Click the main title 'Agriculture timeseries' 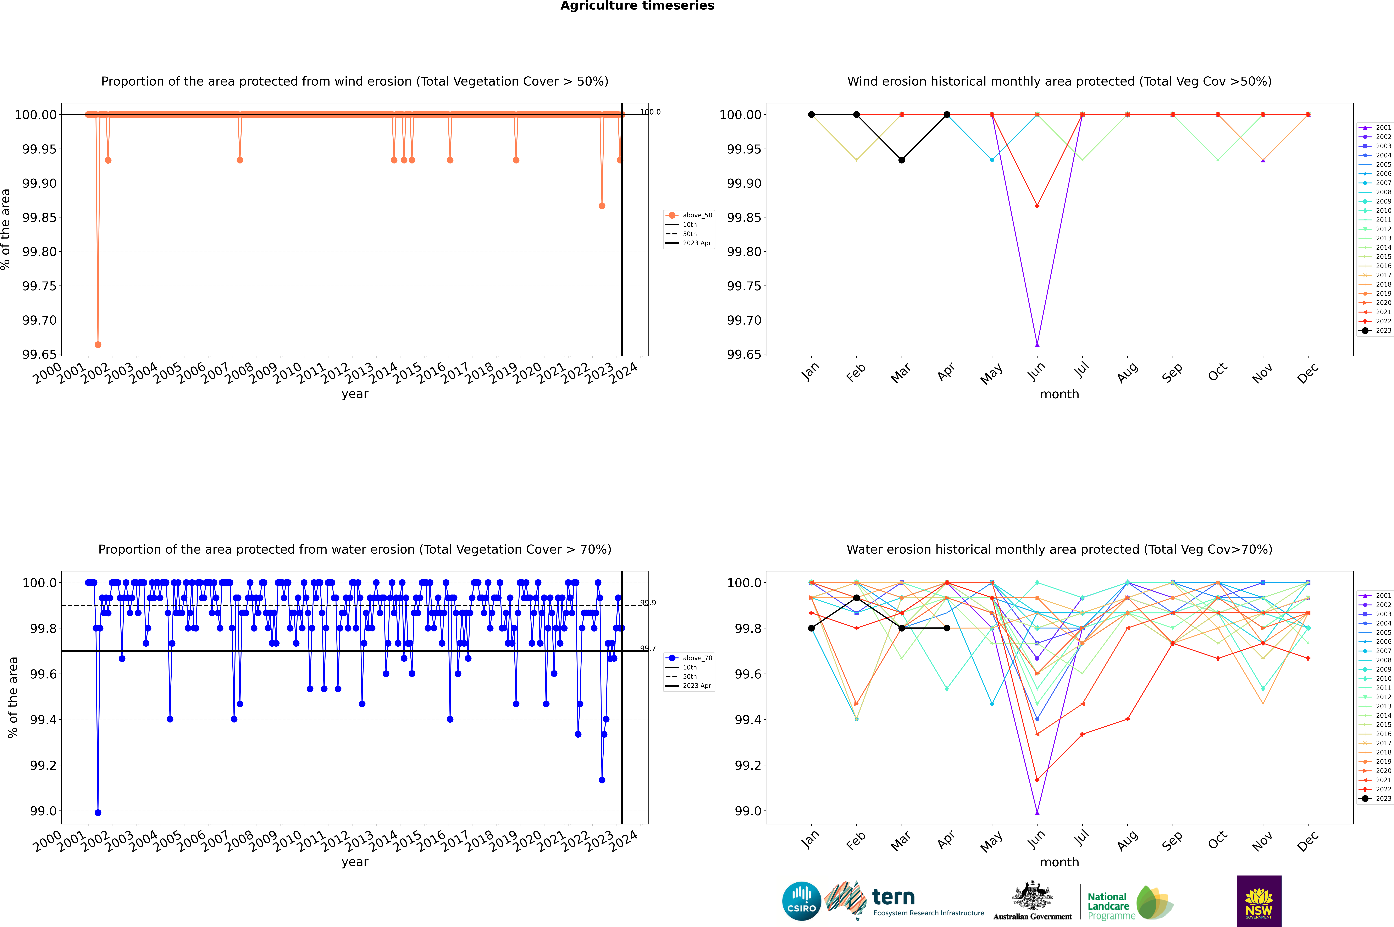[x=637, y=6]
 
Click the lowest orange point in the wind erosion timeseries [x=98, y=344]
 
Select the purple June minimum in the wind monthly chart [x=1037, y=344]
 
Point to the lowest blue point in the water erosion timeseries [x=98, y=812]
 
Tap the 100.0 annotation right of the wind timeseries [x=650, y=112]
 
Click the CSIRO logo [x=801, y=901]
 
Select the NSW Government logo [x=1259, y=901]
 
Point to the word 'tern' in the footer [x=894, y=897]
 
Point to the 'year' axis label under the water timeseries [x=355, y=862]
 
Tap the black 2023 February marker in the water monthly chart [x=856, y=598]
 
